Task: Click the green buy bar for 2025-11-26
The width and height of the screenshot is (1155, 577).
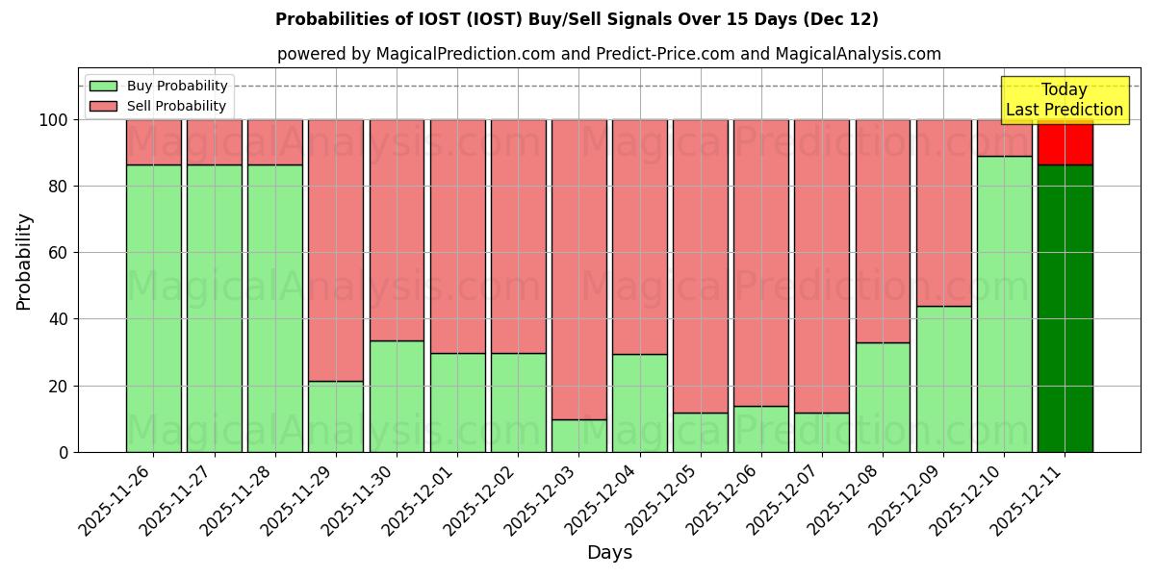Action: coord(153,308)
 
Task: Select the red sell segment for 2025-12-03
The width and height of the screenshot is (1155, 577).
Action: coord(578,269)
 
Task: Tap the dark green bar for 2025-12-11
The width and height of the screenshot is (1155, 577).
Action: coord(1065,308)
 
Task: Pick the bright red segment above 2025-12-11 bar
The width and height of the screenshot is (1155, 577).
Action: coord(1065,142)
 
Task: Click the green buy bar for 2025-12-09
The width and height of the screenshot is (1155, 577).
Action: coord(943,379)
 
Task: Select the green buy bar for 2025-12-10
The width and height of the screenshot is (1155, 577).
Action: coord(1004,304)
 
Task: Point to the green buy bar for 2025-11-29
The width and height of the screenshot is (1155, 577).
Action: coord(336,416)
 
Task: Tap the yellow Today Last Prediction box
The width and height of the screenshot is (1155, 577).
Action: coord(1064,100)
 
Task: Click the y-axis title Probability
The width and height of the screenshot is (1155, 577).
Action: coord(24,262)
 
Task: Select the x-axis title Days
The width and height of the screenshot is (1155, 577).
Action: coord(609,553)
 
